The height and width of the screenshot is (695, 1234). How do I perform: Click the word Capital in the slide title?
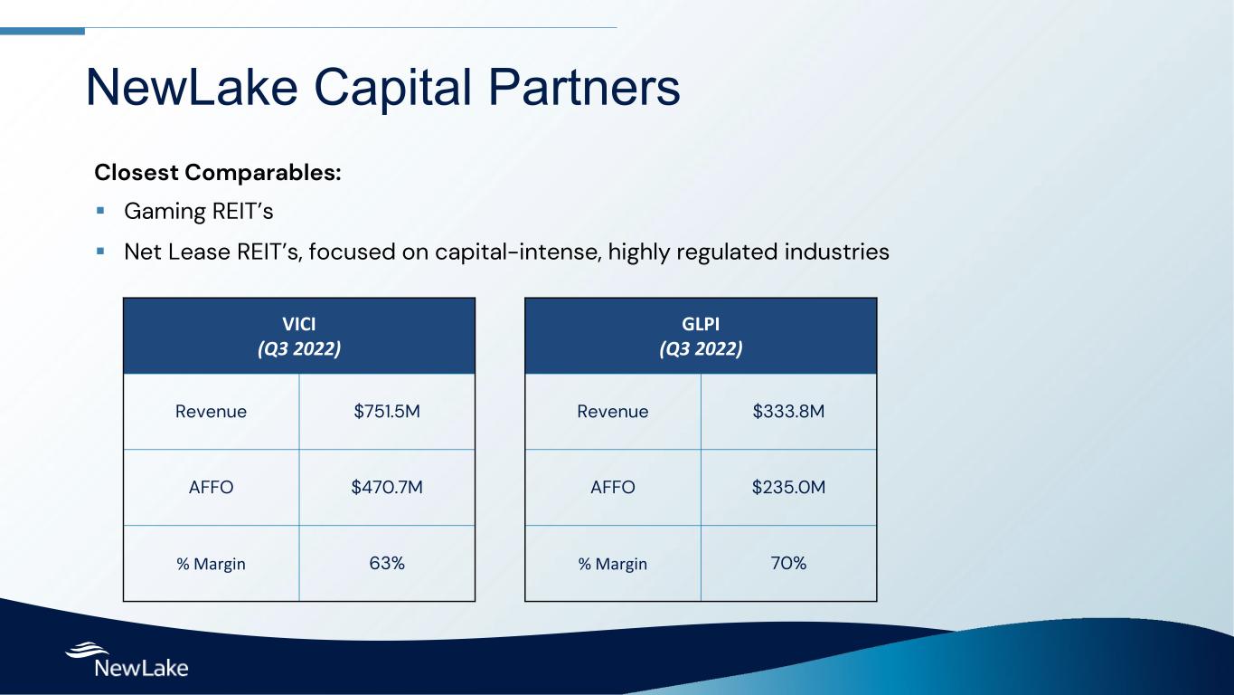pyautogui.click(x=392, y=89)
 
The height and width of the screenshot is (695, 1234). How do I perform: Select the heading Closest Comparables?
pyautogui.click(x=218, y=173)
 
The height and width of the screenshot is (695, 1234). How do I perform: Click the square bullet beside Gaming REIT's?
pyautogui.click(x=100, y=210)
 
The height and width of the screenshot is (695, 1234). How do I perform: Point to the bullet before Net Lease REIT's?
pyautogui.click(x=100, y=252)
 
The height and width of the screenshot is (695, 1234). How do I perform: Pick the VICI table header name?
pyautogui.click(x=299, y=324)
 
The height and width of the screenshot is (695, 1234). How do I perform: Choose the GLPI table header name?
pyautogui.click(x=701, y=324)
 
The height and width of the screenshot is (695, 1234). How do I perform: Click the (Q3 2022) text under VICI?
pyautogui.click(x=299, y=348)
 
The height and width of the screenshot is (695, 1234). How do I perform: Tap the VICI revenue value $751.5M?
pyautogui.click(x=387, y=411)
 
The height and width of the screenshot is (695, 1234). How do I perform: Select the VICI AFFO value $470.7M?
pyautogui.click(x=387, y=487)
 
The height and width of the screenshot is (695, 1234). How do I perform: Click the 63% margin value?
pyautogui.click(x=387, y=563)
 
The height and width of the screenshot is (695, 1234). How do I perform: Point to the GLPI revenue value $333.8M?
pyautogui.click(x=788, y=411)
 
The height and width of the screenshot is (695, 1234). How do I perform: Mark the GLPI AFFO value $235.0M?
pyautogui.click(x=788, y=487)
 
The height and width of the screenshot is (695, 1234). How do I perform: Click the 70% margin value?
pyautogui.click(x=788, y=563)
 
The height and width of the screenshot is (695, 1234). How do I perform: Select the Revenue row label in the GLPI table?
pyautogui.click(x=613, y=412)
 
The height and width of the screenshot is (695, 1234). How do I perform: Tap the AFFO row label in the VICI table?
pyautogui.click(x=211, y=487)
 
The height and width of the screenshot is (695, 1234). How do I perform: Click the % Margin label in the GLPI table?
pyautogui.click(x=613, y=564)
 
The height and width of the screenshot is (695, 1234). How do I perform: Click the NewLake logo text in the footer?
pyautogui.click(x=142, y=668)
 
